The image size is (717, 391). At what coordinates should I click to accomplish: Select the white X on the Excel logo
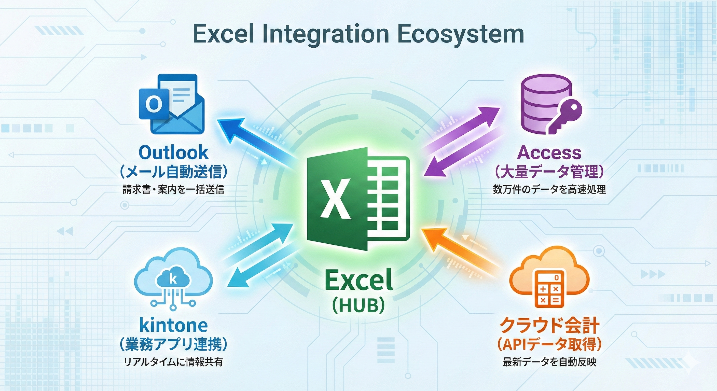335,199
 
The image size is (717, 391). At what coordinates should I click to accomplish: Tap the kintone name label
173,325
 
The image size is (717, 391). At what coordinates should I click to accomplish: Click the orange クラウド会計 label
550,326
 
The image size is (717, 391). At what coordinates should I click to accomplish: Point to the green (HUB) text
359,305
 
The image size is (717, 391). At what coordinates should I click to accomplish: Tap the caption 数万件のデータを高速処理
549,189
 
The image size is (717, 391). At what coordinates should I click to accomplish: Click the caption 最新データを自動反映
549,362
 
